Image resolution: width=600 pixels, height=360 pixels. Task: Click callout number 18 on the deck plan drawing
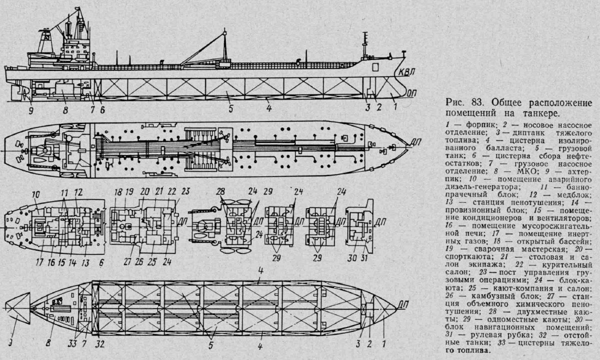[118, 191]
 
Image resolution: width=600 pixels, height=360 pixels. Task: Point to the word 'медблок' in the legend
[576, 194]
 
